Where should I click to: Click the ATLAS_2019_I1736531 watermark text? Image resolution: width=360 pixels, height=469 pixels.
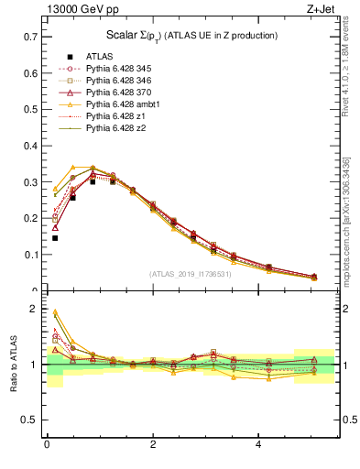[189, 274]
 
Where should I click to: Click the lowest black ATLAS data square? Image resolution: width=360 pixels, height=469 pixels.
[55, 238]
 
